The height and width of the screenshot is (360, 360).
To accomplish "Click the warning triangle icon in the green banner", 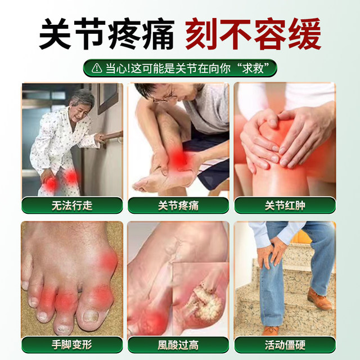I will pos(96,67).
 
